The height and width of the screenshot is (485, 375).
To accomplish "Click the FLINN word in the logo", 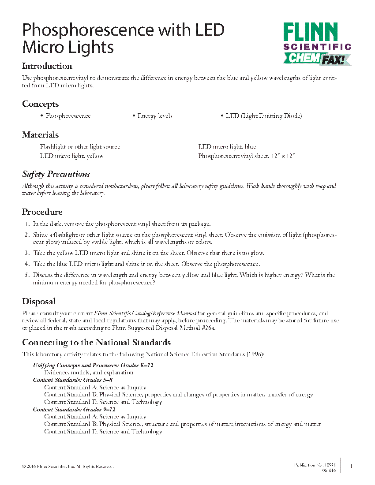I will [x=310, y=33].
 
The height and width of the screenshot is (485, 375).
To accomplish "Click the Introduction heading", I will [x=47, y=66].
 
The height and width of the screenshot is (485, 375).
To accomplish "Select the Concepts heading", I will [x=40, y=104].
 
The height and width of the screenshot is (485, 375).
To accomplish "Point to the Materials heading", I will [x=40, y=135].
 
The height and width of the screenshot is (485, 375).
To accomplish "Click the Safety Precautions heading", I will [x=56, y=174].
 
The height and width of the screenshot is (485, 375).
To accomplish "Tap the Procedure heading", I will [x=42, y=212].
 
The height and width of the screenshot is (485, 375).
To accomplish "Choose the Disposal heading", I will [x=39, y=302].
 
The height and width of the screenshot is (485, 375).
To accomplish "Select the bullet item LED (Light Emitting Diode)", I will [x=263, y=116].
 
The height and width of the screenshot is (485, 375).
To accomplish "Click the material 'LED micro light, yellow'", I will [x=71, y=156].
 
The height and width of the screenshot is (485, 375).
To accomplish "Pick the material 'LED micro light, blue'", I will [x=227, y=147].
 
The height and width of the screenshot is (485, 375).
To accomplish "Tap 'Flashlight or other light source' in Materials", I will [x=80, y=147].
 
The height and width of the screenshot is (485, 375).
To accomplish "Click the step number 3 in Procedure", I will [x=27, y=253].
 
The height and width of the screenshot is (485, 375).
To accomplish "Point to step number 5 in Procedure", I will [x=27, y=275].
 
